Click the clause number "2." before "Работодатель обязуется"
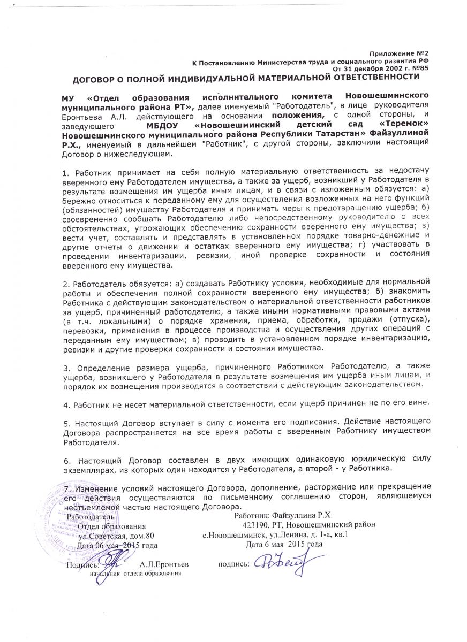pos(66,281)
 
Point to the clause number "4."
pos(66,402)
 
